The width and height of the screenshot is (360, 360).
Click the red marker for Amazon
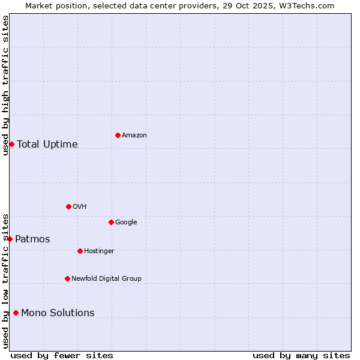[x=118, y=135]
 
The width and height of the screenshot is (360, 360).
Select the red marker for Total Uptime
[x=11, y=144]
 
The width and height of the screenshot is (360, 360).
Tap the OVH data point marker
[x=68, y=206]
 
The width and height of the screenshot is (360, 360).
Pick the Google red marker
[x=111, y=222]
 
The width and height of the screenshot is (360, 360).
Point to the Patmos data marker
[x=10, y=239]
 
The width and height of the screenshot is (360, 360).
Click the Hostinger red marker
[x=80, y=251]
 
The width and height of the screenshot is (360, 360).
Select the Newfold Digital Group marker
[x=67, y=278]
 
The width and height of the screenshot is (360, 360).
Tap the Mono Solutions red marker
[x=16, y=313]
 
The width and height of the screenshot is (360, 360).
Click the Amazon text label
[x=134, y=136]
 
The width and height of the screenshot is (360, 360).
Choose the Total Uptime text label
[x=47, y=144]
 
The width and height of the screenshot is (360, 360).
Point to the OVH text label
[x=80, y=207]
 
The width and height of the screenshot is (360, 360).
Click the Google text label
[x=126, y=223]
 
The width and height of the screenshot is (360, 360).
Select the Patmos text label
[x=32, y=239]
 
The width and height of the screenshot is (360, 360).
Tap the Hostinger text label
[x=99, y=251]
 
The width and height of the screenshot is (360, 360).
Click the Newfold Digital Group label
[x=106, y=279]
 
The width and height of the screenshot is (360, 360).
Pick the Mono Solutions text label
[x=58, y=313]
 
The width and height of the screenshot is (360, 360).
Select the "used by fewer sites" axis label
[x=62, y=355]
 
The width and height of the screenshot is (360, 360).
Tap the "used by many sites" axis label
[x=301, y=355]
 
